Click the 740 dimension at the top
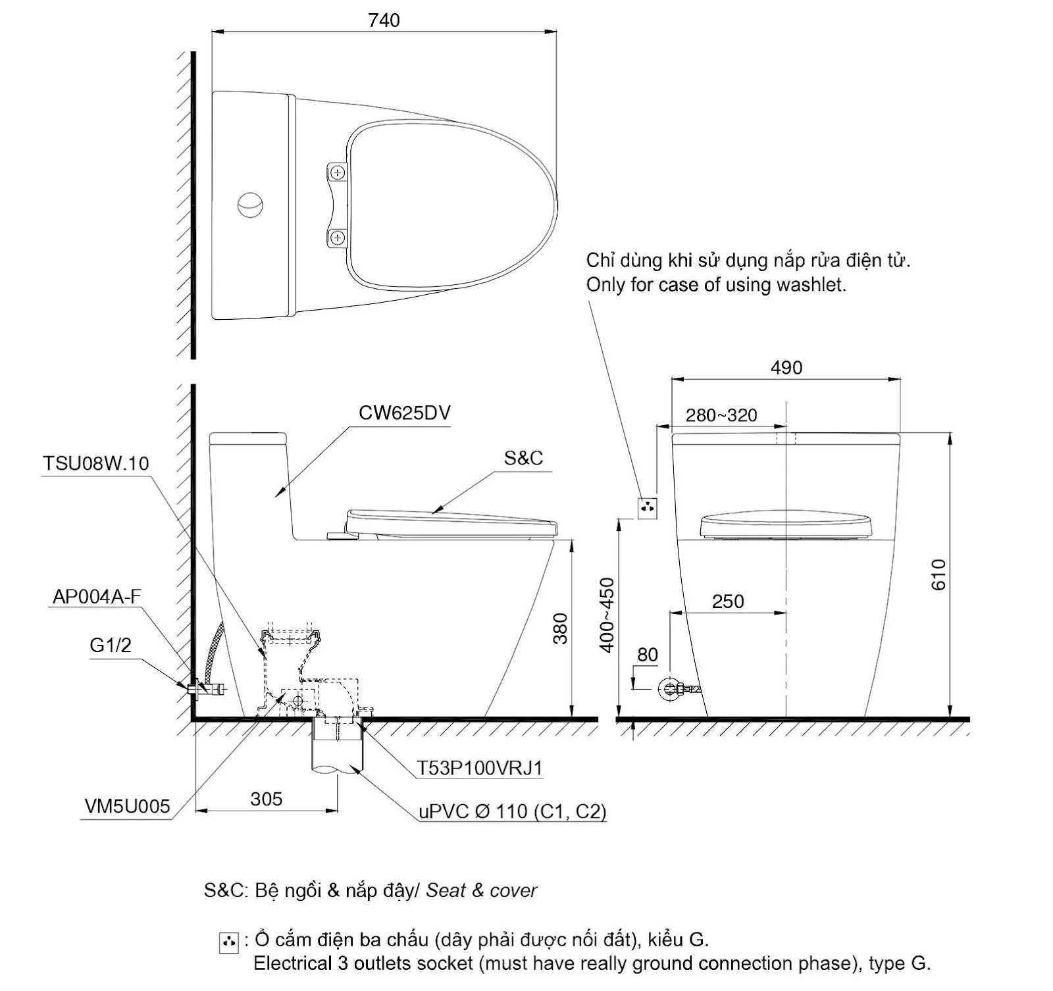click(x=384, y=20)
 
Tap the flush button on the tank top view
click(x=250, y=205)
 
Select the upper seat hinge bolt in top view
click(x=338, y=173)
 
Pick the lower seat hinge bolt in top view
click(x=338, y=238)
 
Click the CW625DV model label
click(x=405, y=413)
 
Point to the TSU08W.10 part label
click(x=96, y=463)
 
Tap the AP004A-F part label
click(x=97, y=596)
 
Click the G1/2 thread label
click(x=111, y=645)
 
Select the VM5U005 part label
click(x=127, y=806)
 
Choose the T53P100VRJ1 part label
click(x=480, y=768)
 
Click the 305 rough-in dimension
click(x=267, y=799)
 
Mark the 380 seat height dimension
click(x=560, y=628)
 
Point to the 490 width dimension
click(x=786, y=367)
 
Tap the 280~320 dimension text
click(x=721, y=415)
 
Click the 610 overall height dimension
click(x=938, y=574)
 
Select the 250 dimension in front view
click(x=728, y=601)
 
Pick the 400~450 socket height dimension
click(x=607, y=615)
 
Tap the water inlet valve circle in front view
click(x=671, y=689)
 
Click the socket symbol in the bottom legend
click(x=228, y=943)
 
